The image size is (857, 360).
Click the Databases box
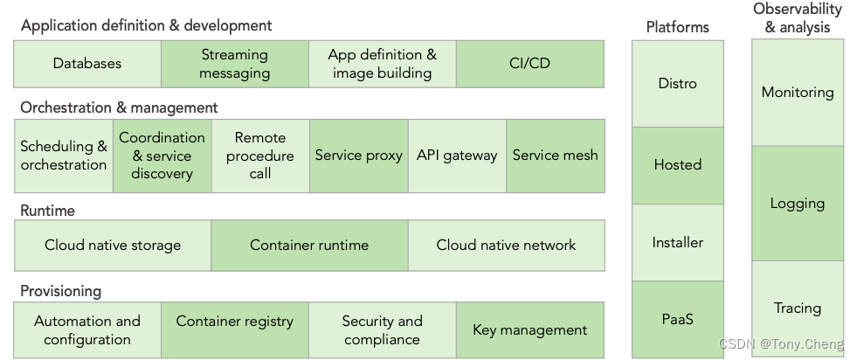tap(87, 64)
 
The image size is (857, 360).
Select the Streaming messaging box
tap(234, 64)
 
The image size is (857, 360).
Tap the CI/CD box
tap(529, 64)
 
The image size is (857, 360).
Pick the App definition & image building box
tap(382, 64)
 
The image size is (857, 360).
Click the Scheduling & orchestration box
tap(64, 156)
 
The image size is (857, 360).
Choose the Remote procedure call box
tap(259, 156)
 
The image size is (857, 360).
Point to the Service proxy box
tap(358, 156)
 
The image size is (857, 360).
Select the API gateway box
tap(457, 156)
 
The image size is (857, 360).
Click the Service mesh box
tap(555, 156)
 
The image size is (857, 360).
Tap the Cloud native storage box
tap(113, 246)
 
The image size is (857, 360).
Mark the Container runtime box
tap(309, 246)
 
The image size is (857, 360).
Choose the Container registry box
tap(234, 329)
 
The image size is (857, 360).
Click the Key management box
tap(529, 329)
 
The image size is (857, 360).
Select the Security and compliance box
tap(382, 329)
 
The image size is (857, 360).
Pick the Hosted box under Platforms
tap(678, 165)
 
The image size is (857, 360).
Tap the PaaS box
tap(678, 319)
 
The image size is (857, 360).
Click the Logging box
tap(797, 204)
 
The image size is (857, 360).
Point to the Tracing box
tap(797, 308)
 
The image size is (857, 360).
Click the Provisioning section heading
tap(61, 291)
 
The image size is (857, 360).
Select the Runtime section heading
tap(47, 211)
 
